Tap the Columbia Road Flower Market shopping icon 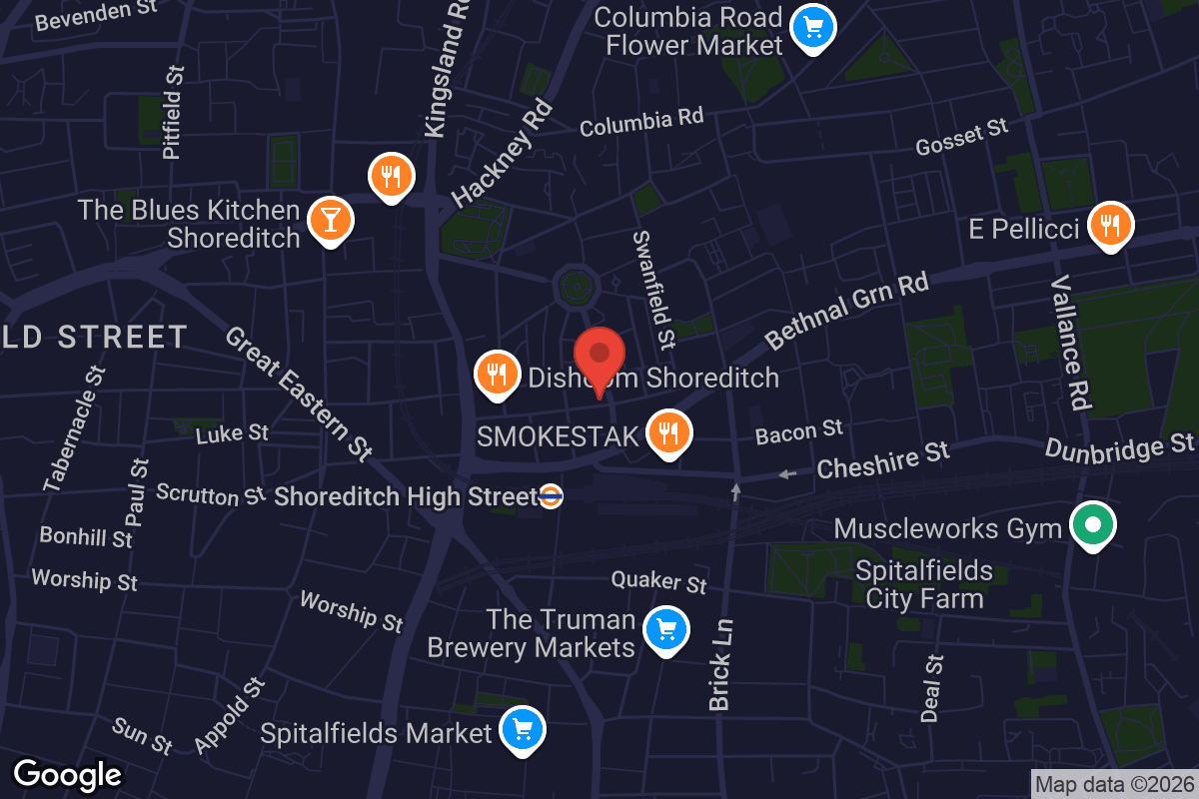coord(813,27)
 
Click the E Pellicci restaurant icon coord(1109,226)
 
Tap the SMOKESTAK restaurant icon coord(668,433)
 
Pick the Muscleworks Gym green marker coord(1092,524)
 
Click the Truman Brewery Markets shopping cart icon coord(664,630)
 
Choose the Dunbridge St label coord(1119,447)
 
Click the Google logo coord(67,774)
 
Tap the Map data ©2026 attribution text coord(1113,784)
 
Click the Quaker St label coord(659,581)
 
